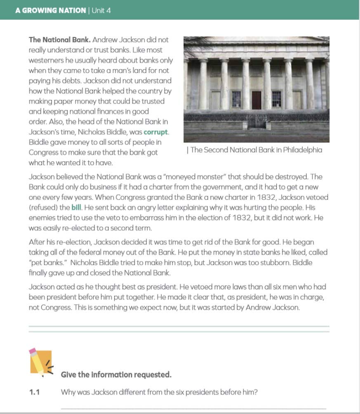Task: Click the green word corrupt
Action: tap(156, 132)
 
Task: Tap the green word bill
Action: tap(76, 208)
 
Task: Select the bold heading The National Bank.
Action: tap(59, 40)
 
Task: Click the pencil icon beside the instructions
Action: tap(40, 362)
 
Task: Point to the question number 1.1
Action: tap(34, 392)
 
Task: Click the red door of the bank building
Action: tap(256, 100)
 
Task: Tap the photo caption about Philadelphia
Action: tap(254, 150)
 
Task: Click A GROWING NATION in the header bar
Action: tap(50, 10)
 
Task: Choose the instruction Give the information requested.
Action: tap(116, 374)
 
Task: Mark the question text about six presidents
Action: tap(159, 392)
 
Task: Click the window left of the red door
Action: tap(236, 99)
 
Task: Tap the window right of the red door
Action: tap(276, 99)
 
